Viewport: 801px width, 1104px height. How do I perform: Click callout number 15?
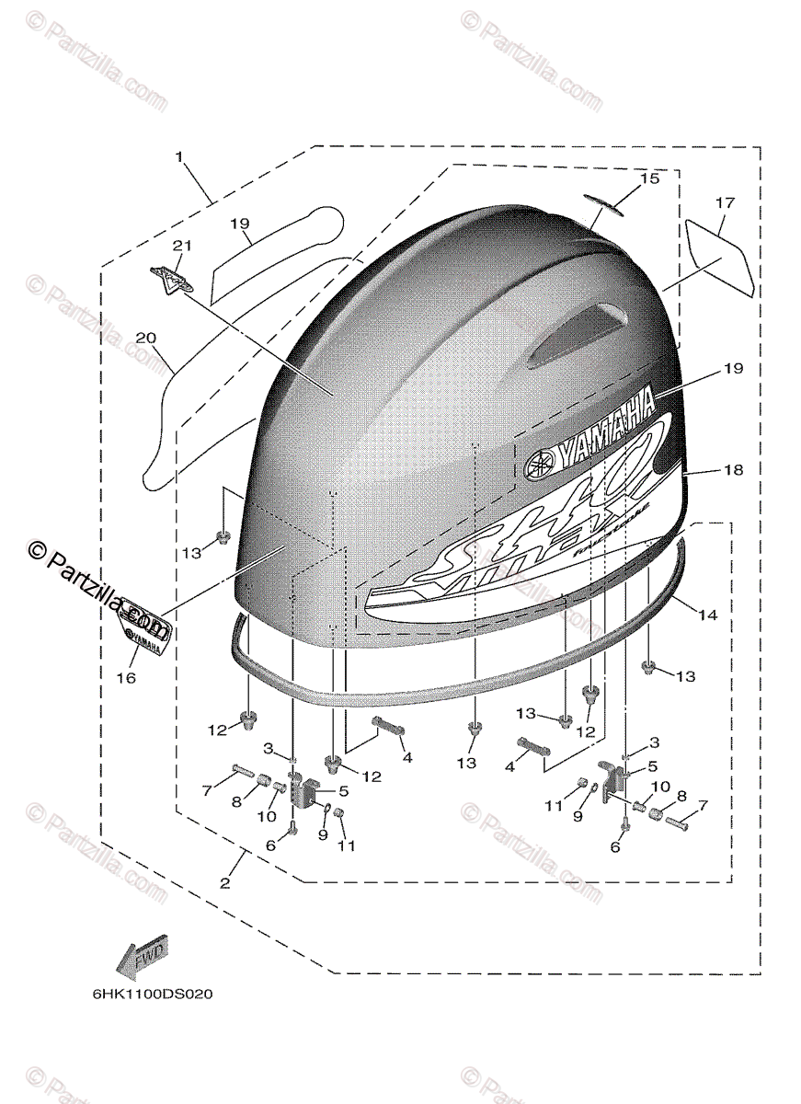(650, 178)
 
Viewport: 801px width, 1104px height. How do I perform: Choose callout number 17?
(725, 201)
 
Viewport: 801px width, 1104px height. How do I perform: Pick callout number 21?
(181, 245)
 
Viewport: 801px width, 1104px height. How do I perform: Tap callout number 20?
(145, 338)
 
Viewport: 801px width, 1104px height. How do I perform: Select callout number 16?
(126, 678)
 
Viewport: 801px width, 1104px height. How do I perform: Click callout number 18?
(731, 469)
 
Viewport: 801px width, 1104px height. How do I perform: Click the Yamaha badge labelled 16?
(140, 637)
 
